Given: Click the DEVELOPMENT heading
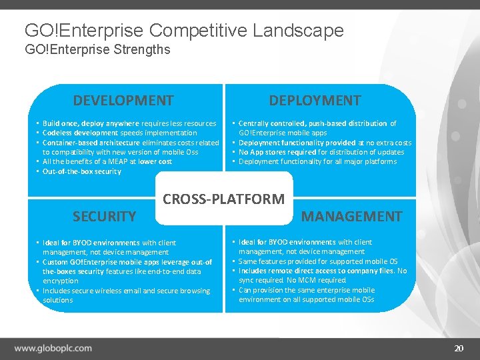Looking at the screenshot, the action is tap(123, 101).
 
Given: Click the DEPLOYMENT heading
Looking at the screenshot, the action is tap(315, 101).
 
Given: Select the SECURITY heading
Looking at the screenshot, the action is tap(104, 216).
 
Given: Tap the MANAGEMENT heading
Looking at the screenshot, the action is tap(352, 216).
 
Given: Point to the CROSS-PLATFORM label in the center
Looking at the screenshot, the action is tap(224, 199).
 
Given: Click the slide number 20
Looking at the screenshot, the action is tap(458, 349).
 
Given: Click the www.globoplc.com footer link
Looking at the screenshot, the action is tap(53, 348).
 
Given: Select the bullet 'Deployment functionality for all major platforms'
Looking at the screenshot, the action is tap(317, 161).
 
